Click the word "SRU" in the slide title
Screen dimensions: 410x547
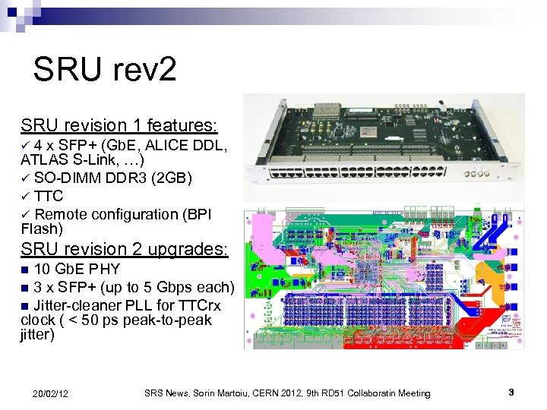coord(67,70)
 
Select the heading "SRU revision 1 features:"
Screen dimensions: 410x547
coord(119,124)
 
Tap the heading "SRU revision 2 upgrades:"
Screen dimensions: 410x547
coord(124,248)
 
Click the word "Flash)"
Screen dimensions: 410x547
coord(42,229)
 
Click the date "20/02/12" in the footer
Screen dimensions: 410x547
coord(50,393)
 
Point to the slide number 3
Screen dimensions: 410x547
coord(511,393)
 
